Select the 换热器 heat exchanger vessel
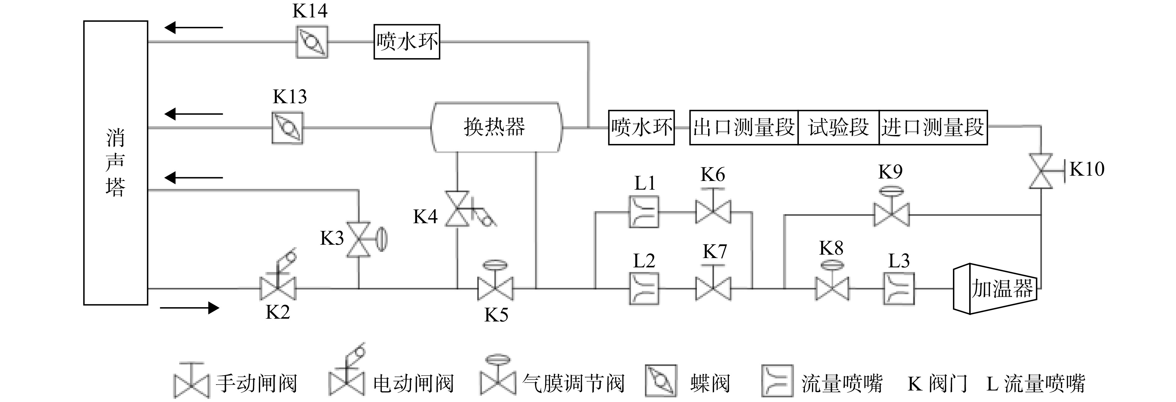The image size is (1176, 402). (496, 127)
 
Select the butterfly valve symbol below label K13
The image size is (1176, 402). (287, 128)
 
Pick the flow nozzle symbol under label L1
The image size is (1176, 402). (644, 212)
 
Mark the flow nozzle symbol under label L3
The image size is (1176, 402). (899, 289)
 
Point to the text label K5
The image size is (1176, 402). (496, 315)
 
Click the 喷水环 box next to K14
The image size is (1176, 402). (407, 42)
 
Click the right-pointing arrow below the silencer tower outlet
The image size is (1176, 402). (189, 308)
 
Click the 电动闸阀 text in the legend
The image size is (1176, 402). (413, 383)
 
